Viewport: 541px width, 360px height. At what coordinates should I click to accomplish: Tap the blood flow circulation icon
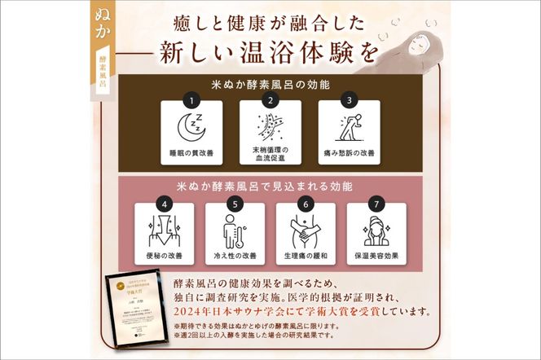269,125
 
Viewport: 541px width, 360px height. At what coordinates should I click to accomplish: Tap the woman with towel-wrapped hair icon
376,230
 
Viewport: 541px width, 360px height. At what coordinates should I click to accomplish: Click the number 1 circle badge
192,101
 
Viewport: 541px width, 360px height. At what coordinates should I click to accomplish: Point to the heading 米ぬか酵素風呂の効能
270,84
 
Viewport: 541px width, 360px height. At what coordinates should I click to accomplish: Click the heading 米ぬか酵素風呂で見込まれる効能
270,186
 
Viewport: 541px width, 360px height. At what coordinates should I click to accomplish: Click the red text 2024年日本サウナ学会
215,310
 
